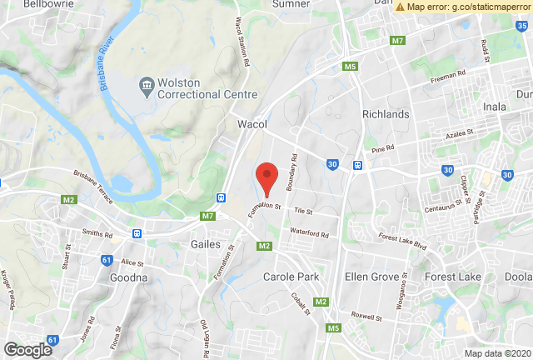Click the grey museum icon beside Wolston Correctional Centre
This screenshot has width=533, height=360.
(147, 84)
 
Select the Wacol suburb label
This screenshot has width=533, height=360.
(252, 124)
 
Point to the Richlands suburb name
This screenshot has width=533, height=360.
(386, 114)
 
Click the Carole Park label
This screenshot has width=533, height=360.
(291, 277)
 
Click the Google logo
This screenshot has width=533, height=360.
(27, 350)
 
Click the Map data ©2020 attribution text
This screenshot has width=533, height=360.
(496, 353)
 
